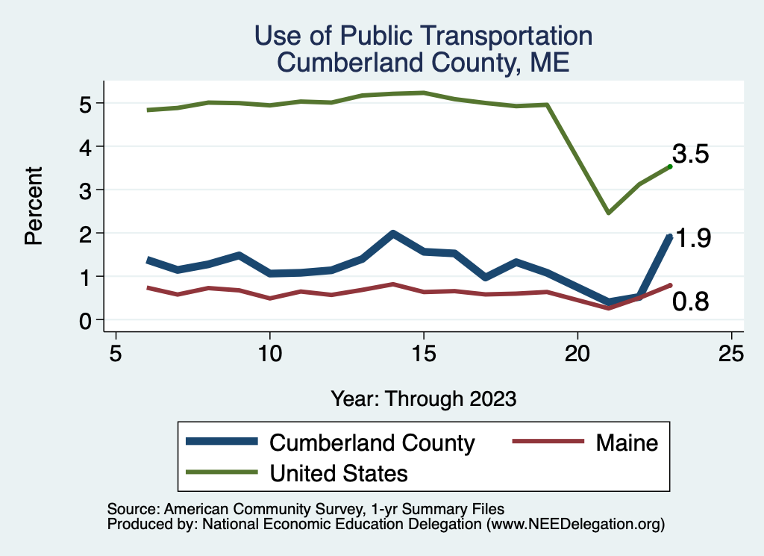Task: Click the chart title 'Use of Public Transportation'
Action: [x=423, y=35]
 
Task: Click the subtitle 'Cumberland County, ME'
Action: [x=423, y=62]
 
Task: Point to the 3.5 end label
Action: [x=690, y=154]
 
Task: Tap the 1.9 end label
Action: [x=692, y=239]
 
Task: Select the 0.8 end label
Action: [x=690, y=302]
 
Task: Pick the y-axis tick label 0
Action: [x=87, y=320]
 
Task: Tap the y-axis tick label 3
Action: [x=87, y=190]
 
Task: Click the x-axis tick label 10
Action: [x=269, y=353]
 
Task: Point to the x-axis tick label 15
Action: [x=424, y=353]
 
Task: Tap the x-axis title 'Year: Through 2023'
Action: [x=423, y=399]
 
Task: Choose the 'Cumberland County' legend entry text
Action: [x=372, y=443]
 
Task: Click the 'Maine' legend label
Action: [x=627, y=443]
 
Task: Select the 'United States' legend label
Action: [x=339, y=472]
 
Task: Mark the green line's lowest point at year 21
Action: [x=609, y=213]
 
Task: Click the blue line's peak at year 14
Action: [x=393, y=234]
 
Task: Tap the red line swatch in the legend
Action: [x=548, y=443]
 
